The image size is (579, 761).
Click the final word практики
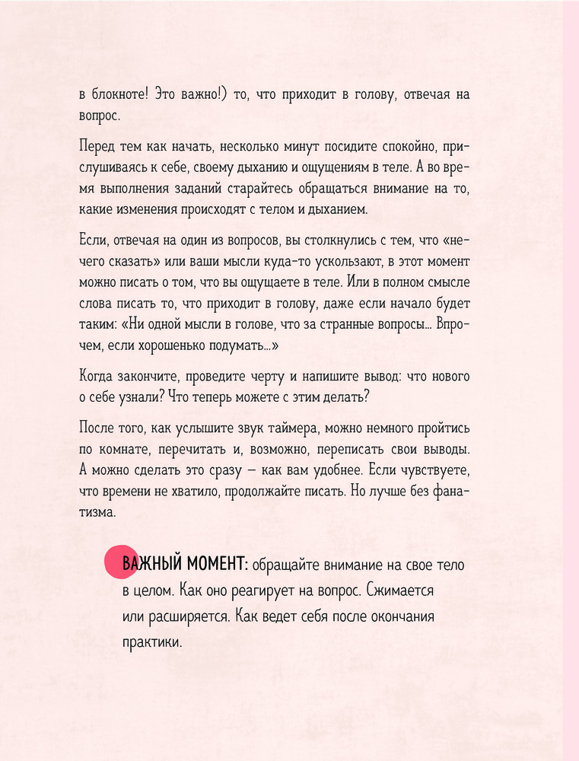(x=153, y=642)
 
